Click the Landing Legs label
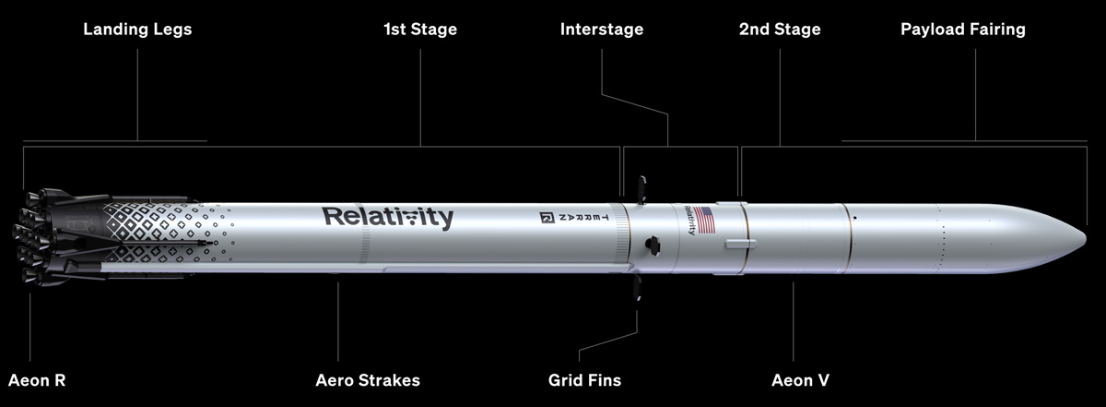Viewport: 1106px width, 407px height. click(x=137, y=30)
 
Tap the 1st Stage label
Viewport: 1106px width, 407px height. click(x=420, y=30)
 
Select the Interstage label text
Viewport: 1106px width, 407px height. click(x=601, y=30)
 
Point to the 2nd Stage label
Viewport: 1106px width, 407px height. click(x=780, y=30)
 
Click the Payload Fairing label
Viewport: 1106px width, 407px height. click(x=963, y=30)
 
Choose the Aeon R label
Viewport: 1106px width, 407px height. click(x=37, y=380)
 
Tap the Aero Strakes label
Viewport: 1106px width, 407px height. click(x=368, y=380)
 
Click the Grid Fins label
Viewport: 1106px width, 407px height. click(x=584, y=380)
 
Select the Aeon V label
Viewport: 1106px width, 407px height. click(x=800, y=380)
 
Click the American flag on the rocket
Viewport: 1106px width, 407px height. click(x=704, y=220)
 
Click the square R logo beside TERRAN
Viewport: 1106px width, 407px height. click(x=547, y=218)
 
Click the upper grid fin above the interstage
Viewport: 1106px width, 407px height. click(x=641, y=189)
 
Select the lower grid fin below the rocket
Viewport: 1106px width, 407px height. click(x=638, y=288)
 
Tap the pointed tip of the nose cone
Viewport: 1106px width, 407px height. click(x=1086, y=239)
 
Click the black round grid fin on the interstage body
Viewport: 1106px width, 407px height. click(x=653, y=245)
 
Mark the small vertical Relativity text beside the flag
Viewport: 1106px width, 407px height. click(x=689, y=220)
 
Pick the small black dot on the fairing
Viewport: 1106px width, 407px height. click(x=854, y=218)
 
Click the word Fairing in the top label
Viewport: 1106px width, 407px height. click(x=994, y=30)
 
